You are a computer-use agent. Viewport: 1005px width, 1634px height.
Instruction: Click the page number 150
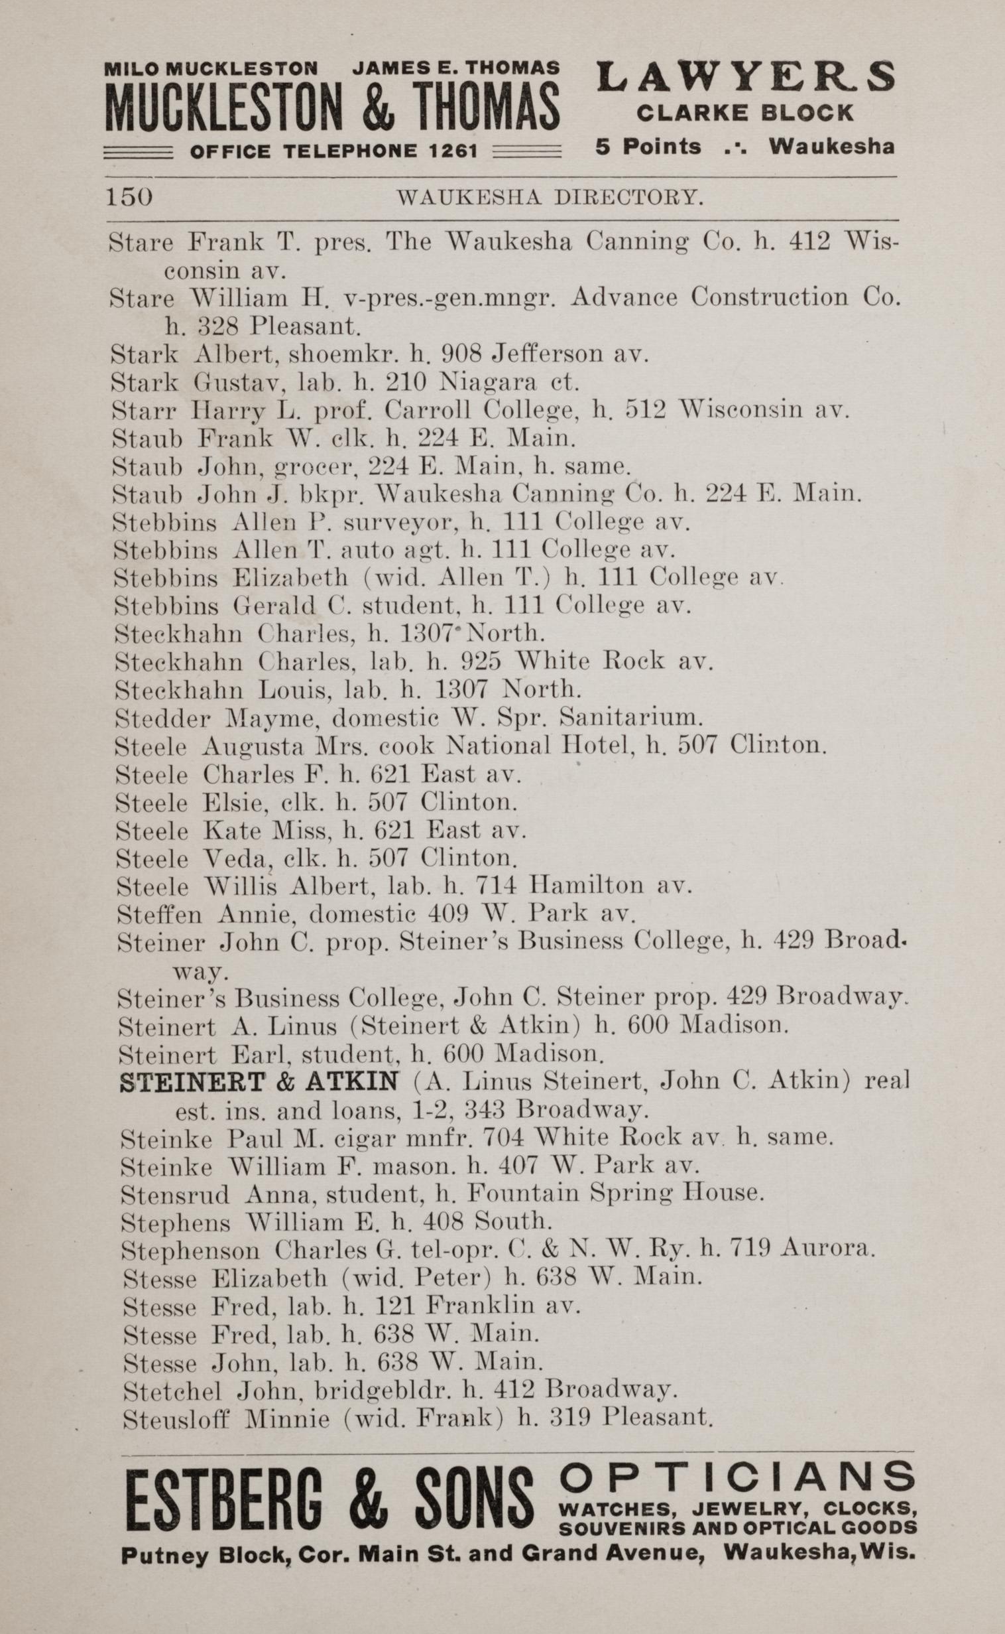[x=129, y=197]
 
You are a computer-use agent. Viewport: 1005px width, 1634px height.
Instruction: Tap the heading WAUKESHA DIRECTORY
[x=549, y=197]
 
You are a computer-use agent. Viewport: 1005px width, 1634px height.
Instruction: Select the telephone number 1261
[x=453, y=151]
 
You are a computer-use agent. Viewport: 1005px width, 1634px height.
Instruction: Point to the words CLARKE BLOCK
[x=745, y=113]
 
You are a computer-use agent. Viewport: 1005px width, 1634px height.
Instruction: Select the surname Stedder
[x=163, y=718]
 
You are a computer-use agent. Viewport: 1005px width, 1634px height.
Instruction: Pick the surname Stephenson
[x=192, y=1251]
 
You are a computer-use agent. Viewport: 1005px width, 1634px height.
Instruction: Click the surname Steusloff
[x=177, y=1420]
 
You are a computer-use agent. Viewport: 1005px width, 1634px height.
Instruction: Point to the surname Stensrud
[x=175, y=1195]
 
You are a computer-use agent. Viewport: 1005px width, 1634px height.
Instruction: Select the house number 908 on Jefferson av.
[x=460, y=354]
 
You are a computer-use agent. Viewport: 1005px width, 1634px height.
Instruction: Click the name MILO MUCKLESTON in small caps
[x=211, y=68]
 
